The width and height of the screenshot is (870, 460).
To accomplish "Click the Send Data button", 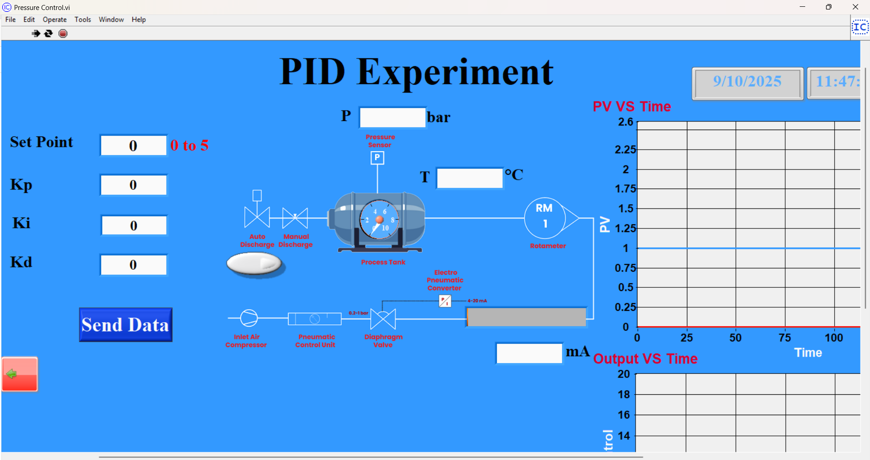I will pos(126,324).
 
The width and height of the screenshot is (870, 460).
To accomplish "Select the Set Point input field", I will pos(133,145).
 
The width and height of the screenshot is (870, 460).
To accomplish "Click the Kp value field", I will pos(133,185).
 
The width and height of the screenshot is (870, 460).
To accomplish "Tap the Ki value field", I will pos(134,225).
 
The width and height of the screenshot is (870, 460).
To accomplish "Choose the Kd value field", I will pos(133,265).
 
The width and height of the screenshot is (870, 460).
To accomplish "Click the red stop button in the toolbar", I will pos(63,34).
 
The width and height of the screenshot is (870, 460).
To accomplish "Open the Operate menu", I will pos(54,19).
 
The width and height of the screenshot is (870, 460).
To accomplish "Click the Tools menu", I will pos(83,19).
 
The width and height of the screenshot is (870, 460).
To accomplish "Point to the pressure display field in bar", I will pos(392,117).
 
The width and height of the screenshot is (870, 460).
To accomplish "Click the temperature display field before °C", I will pos(469,178).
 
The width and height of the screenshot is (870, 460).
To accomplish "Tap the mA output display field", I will pos(529,353).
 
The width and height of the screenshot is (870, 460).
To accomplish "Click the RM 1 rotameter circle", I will pos(544,218).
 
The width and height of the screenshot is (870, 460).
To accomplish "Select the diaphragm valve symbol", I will pos(383,319).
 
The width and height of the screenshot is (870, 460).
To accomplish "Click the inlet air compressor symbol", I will pos(248,318).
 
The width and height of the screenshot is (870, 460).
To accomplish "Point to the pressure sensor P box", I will pos(377,158).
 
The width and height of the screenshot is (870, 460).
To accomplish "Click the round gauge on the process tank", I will pos(379,220).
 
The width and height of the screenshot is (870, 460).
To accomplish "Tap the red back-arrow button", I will pos(19,374).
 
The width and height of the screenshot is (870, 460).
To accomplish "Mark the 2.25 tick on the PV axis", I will pos(625,150).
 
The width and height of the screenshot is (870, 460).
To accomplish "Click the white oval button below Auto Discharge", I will pos(254,264).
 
